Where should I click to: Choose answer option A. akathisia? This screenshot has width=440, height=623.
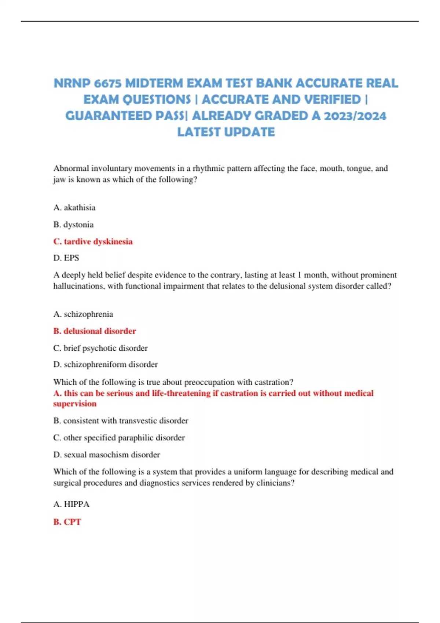[x=74, y=208]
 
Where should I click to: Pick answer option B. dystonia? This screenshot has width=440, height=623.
[x=73, y=225]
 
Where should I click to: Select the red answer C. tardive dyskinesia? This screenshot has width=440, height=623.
[x=93, y=242]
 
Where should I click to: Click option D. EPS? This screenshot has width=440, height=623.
[x=66, y=258]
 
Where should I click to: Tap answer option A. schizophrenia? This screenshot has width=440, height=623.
[x=83, y=314]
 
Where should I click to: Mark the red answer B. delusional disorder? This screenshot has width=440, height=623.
[x=95, y=331]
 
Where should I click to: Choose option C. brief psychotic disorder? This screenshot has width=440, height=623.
[x=100, y=348]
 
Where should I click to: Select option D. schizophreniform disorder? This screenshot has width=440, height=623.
[x=106, y=365]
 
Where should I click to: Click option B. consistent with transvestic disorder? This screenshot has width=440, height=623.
[x=121, y=421]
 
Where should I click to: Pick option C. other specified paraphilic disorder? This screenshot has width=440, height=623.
[x=119, y=438]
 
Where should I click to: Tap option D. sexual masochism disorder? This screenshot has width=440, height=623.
[x=107, y=455]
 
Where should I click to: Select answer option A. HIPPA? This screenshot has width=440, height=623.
[x=71, y=504]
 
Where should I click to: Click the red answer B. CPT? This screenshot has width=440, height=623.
[x=67, y=522]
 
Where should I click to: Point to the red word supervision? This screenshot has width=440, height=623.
[x=75, y=404]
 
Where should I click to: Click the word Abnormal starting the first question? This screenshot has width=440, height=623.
[x=71, y=169]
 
